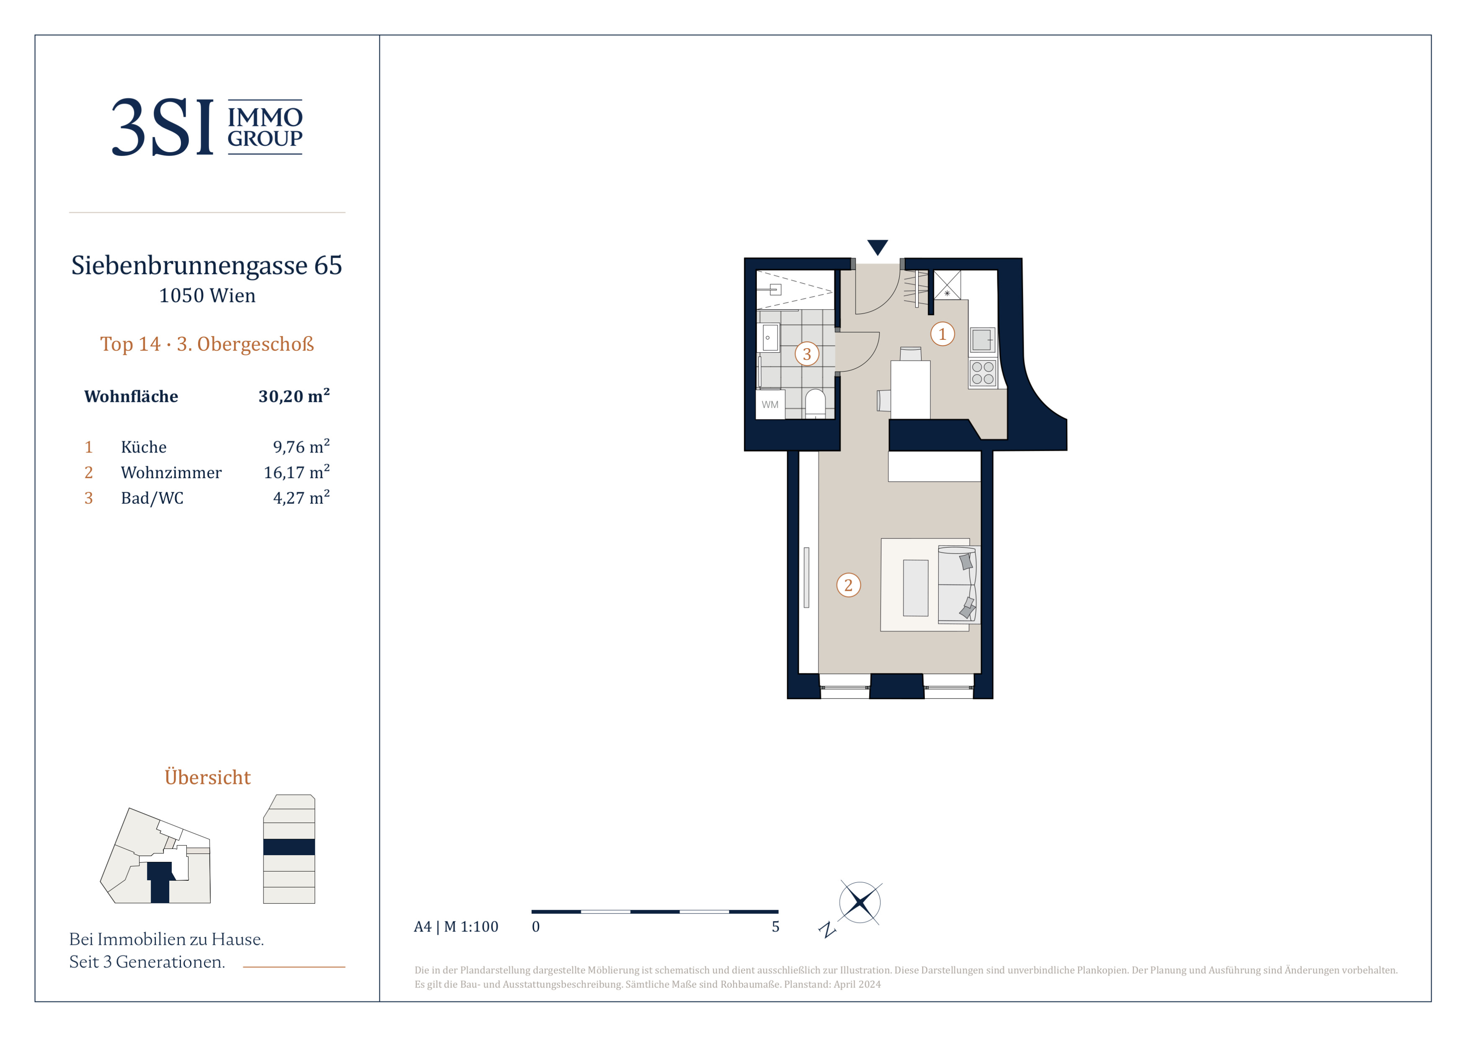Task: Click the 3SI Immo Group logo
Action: pyautogui.click(x=207, y=127)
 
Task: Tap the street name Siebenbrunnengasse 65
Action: pyautogui.click(x=207, y=265)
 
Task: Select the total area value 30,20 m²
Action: pyautogui.click(x=294, y=396)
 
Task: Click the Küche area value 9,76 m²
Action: pyautogui.click(x=302, y=446)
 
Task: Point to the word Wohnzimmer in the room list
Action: pyautogui.click(x=171, y=473)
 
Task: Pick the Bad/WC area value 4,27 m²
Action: pyautogui.click(x=302, y=497)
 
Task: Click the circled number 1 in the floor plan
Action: pyautogui.click(x=942, y=334)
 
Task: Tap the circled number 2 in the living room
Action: pyautogui.click(x=849, y=585)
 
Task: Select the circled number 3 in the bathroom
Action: pyautogui.click(x=807, y=354)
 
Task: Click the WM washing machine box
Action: pyautogui.click(x=770, y=404)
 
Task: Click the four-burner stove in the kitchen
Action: pyautogui.click(x=983, y=373)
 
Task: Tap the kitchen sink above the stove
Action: pyautogui.click(x=983, y=340)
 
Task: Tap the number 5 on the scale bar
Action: pyautogui.click(x=776, y=926)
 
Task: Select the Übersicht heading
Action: pyautogui.click(x=207, y=777)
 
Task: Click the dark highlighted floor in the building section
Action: pyautogui.click(x=289, y=847)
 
